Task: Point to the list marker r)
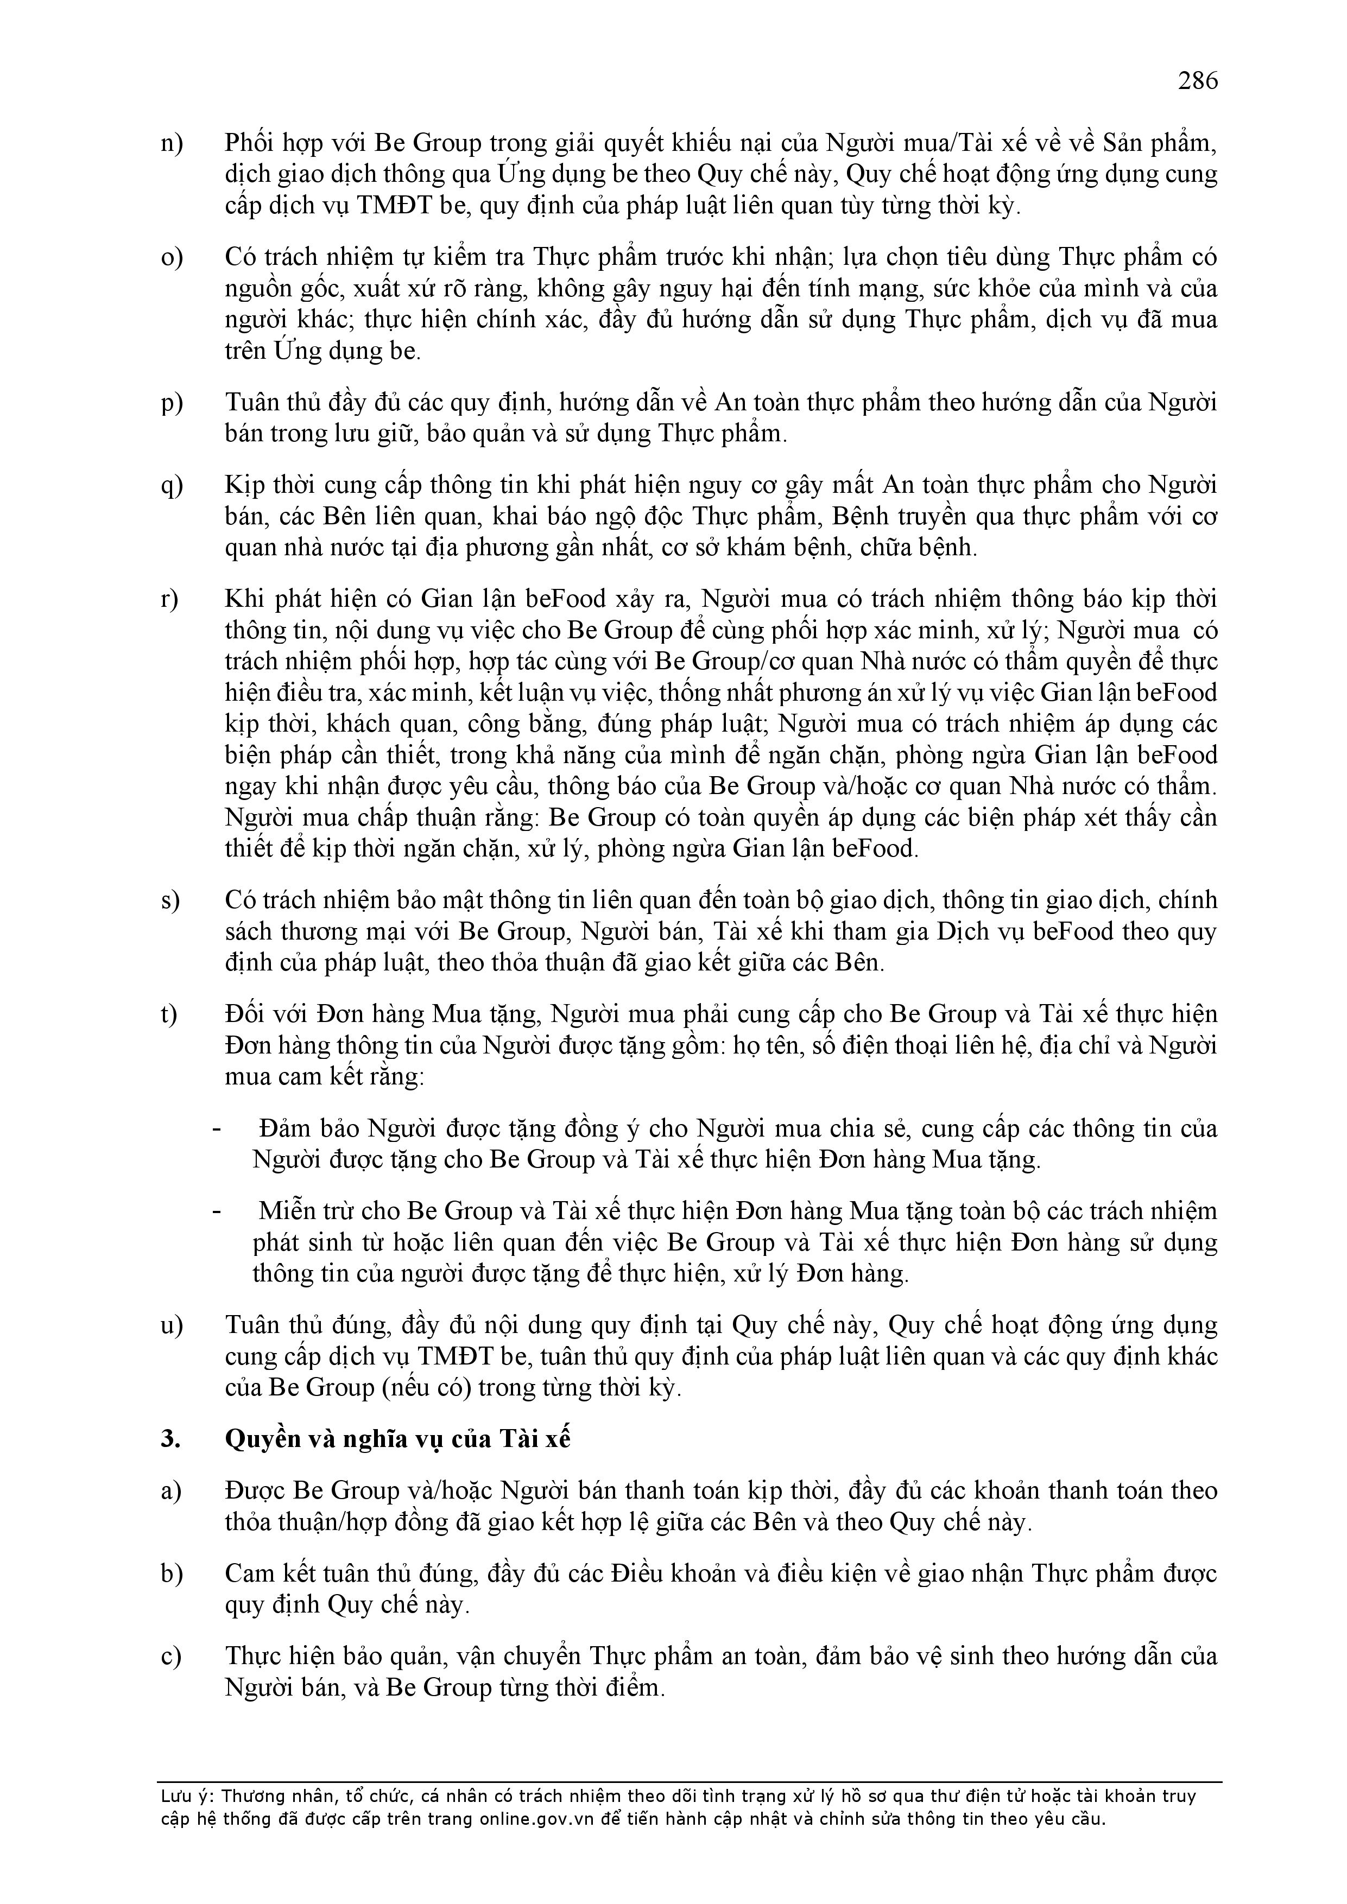pyautogui.click(x=170, y=600)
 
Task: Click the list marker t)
pyautogui.click(x=169, y=1014)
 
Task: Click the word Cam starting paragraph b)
pyautogui.click(x=247, y=1574)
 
